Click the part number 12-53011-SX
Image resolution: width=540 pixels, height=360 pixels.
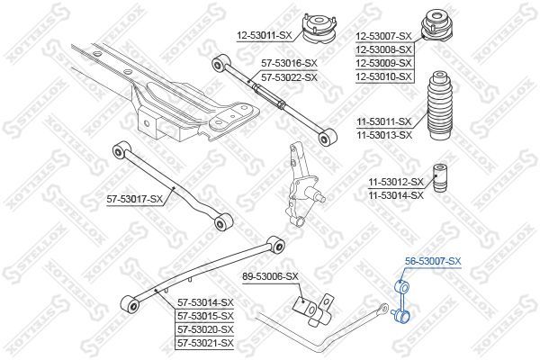click(x=265, y=35)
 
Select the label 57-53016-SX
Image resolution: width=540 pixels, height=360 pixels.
click(x=289, y=63)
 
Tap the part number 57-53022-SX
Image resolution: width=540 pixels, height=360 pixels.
click(x=289, y=77)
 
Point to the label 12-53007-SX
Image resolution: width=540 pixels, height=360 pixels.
click(x=384, y=36)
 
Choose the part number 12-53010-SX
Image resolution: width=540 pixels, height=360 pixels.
click(x=384, y=76)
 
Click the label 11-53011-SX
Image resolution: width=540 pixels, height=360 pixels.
click(x=384, y=121)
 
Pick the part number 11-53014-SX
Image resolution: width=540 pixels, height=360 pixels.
click(x=396, y=195)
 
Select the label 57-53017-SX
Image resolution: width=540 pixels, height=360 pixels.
click(x=134, y=199)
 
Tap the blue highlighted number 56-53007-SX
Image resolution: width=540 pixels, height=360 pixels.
click(x=433, y=262)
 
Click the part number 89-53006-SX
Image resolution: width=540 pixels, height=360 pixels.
click(x=271, y=276)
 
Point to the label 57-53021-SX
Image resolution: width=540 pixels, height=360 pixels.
click(x=205, y=343)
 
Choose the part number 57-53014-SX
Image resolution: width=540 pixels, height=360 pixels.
click(x=205, y=302)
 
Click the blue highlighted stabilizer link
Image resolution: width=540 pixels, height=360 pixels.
click(x=401, y=301)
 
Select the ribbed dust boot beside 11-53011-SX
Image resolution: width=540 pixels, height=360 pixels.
click(x=439, y=105)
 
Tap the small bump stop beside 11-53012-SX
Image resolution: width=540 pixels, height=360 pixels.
click(x=439, y=177)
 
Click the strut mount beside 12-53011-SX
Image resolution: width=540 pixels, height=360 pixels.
click(x=319, y=29)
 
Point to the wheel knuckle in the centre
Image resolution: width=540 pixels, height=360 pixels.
click(x=302, y=186)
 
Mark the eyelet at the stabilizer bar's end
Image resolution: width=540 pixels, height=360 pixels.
click(x=382, y=308)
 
